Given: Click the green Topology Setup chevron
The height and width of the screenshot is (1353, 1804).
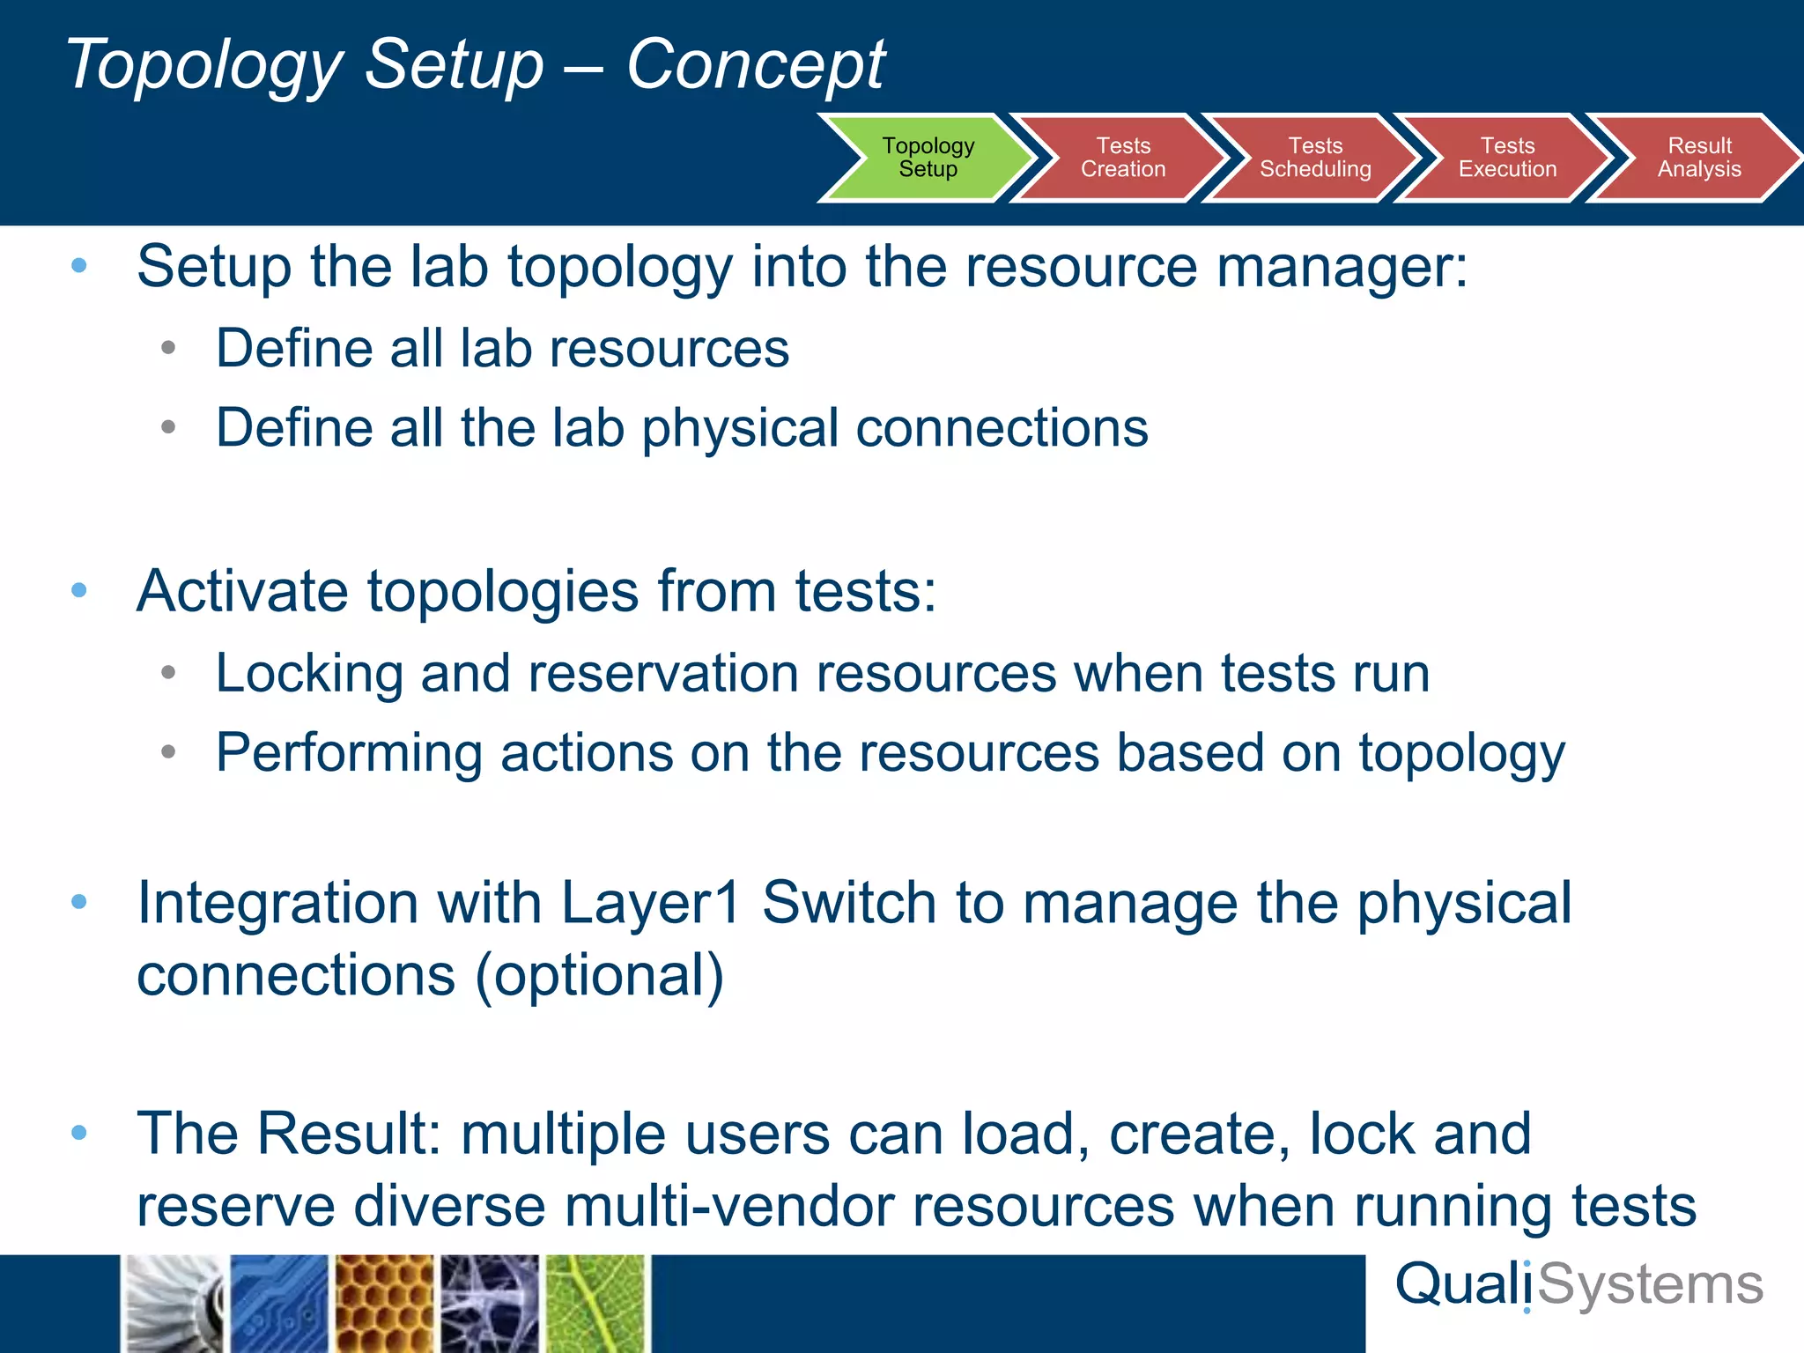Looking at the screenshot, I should pyautogui.click(x=928, y=158).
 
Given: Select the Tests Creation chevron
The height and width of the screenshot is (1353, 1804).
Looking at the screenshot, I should pyautogui.click(x=1122, y=158).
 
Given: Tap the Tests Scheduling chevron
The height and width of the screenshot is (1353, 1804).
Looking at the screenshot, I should pyautogui.click(x=1314, y=158).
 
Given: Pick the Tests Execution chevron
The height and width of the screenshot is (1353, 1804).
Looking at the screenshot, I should pyautogui.click(x=1506, y=158).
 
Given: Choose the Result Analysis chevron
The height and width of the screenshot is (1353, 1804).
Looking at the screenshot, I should pyautogui.click(x=1698, y=158).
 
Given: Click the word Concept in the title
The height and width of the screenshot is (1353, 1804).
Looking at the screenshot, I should pyautogui.click(x=755, y=65).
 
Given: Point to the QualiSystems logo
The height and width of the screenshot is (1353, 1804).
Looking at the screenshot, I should pyautogui.click(x=1578, y=1285).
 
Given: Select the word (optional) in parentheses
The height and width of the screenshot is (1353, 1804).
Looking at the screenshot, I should pyautogui.click(x=599, y=976).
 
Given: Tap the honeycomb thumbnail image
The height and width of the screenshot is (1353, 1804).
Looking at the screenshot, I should pyautogui.click(x=384, y=1304).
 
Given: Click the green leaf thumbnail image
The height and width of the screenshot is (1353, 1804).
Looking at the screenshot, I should pyautogui.click(x=595, y=1304).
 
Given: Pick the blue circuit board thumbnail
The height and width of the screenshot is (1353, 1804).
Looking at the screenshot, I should pyautogui.click(x=278, y=1304).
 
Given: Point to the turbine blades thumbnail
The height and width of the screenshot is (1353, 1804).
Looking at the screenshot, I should pyautogui.click(x=173, y=1304).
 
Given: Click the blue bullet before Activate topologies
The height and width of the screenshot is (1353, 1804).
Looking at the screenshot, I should pyautogui.click(x=79, y=590).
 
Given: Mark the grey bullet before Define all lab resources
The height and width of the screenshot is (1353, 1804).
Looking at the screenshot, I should pyautogui.click(x=169, y=348).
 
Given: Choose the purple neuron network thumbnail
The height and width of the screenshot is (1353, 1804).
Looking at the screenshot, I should pyautogui.click(x=490, y=1304).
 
